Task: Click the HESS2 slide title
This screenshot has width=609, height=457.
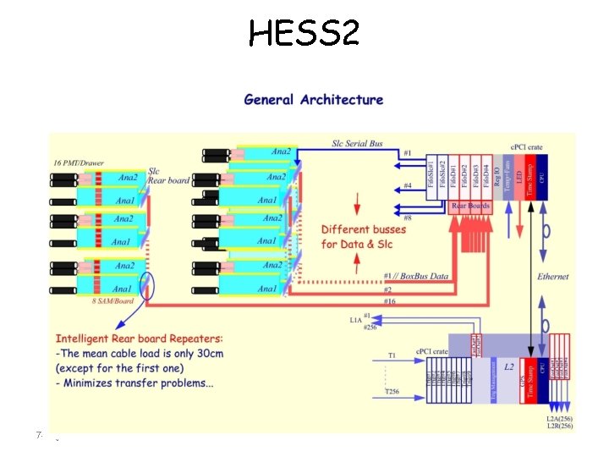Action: [x=304, y=33]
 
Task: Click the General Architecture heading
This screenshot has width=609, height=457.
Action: [x=313, y=100]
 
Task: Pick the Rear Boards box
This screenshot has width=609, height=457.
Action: [x=471, y=206]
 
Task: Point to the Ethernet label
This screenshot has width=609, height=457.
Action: [x=552, y=277]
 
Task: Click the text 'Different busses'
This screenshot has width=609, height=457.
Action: [x=364, y=229]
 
